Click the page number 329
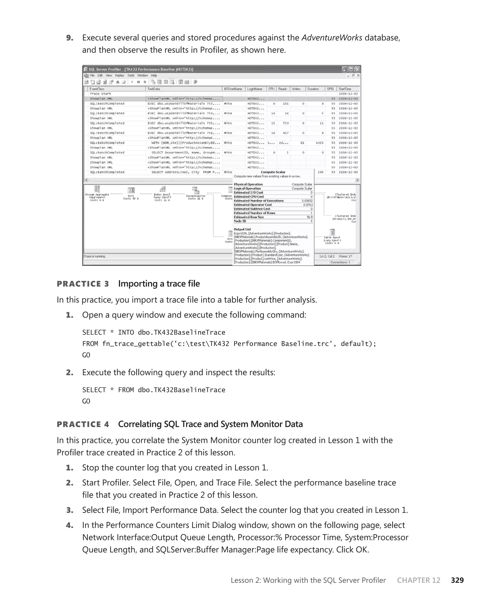[x=457, y=580]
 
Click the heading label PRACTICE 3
[x=83, y=284]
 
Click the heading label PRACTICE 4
[x=83, y=424]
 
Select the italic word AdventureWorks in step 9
[x=332, y=38]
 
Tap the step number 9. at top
[x=69, y=38]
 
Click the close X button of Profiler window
[x=357, y=69]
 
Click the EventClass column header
[x=97, y=89]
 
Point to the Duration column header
[x=313, y=89]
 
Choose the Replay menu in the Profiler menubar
[x=119, y=76]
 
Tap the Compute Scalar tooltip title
[x=273, y=172]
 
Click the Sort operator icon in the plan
[x=131, y=190]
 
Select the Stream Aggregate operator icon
[x=97, y=189]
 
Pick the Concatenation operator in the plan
[x=196, y=190]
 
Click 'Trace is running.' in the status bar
[x=95, y=256]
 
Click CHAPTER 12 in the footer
[x=419, y=580]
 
